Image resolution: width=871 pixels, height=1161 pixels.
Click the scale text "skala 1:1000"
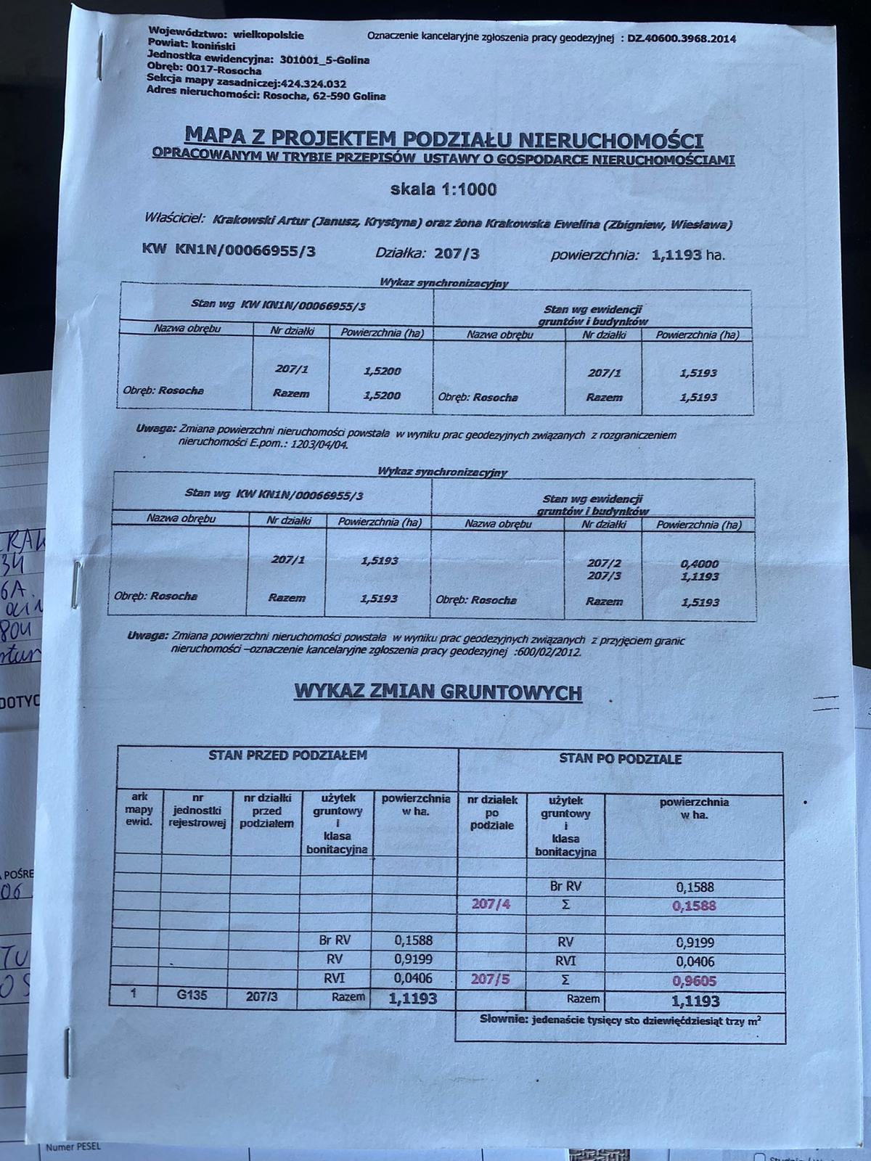443,190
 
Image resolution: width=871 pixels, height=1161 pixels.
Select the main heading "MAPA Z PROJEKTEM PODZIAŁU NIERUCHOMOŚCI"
444,137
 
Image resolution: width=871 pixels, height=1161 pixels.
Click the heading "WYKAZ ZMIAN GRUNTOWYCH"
438,692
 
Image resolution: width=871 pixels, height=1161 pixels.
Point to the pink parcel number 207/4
491,905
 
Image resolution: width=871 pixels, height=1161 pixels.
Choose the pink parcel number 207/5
491,979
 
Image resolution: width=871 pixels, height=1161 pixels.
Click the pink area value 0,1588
695,906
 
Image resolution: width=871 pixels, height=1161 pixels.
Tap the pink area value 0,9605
695,980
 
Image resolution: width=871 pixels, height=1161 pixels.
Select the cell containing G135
192,995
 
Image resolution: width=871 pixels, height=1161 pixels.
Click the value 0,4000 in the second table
700,563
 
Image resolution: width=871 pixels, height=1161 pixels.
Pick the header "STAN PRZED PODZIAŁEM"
287,755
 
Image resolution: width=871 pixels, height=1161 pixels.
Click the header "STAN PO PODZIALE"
620,759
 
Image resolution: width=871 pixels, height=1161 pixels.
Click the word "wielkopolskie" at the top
269,34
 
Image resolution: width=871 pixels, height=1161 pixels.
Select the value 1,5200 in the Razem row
382,395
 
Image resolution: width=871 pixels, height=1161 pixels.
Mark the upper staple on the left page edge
75,584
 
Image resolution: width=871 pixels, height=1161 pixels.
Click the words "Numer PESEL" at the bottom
73,1147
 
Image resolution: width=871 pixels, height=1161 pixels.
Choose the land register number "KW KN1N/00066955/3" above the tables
229,250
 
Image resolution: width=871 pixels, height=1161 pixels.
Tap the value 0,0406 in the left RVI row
414,978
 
